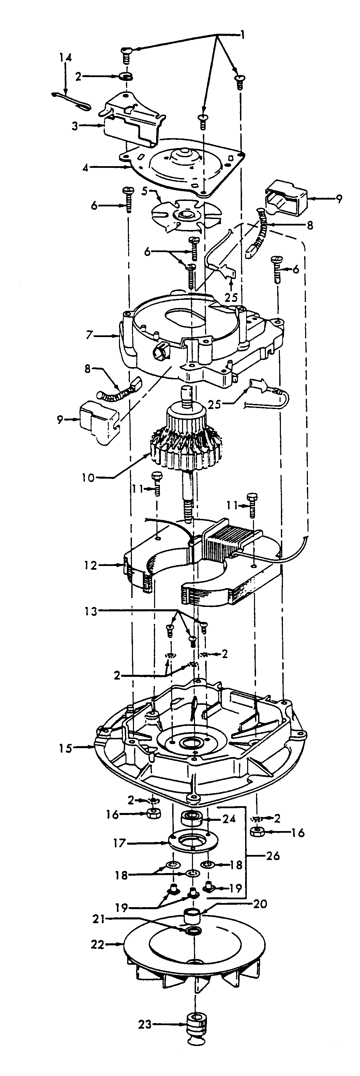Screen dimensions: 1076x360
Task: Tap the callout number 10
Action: (88, 477)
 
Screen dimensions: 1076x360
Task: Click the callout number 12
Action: (90, 566)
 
